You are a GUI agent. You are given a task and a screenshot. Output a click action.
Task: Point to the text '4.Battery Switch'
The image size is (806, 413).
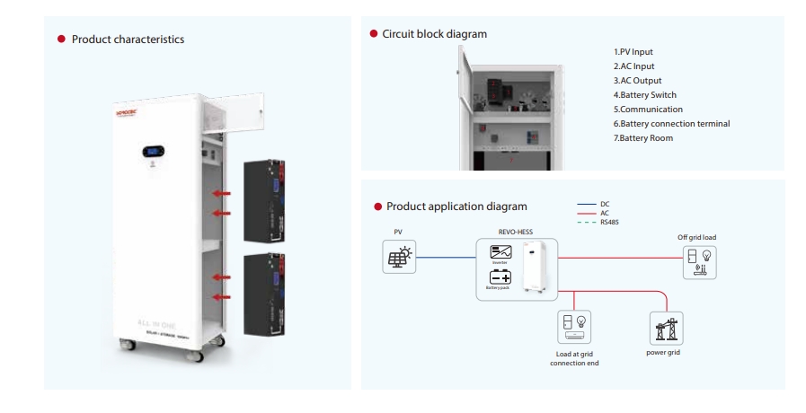point(644,94)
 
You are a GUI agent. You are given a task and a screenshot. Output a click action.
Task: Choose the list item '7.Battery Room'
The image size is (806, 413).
point(642,137)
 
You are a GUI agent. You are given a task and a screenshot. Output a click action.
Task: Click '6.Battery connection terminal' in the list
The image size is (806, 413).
point(666,123)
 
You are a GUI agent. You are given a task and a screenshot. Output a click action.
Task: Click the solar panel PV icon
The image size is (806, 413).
point(398,257)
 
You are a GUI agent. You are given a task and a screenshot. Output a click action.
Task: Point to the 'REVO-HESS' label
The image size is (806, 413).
point(516,231)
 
